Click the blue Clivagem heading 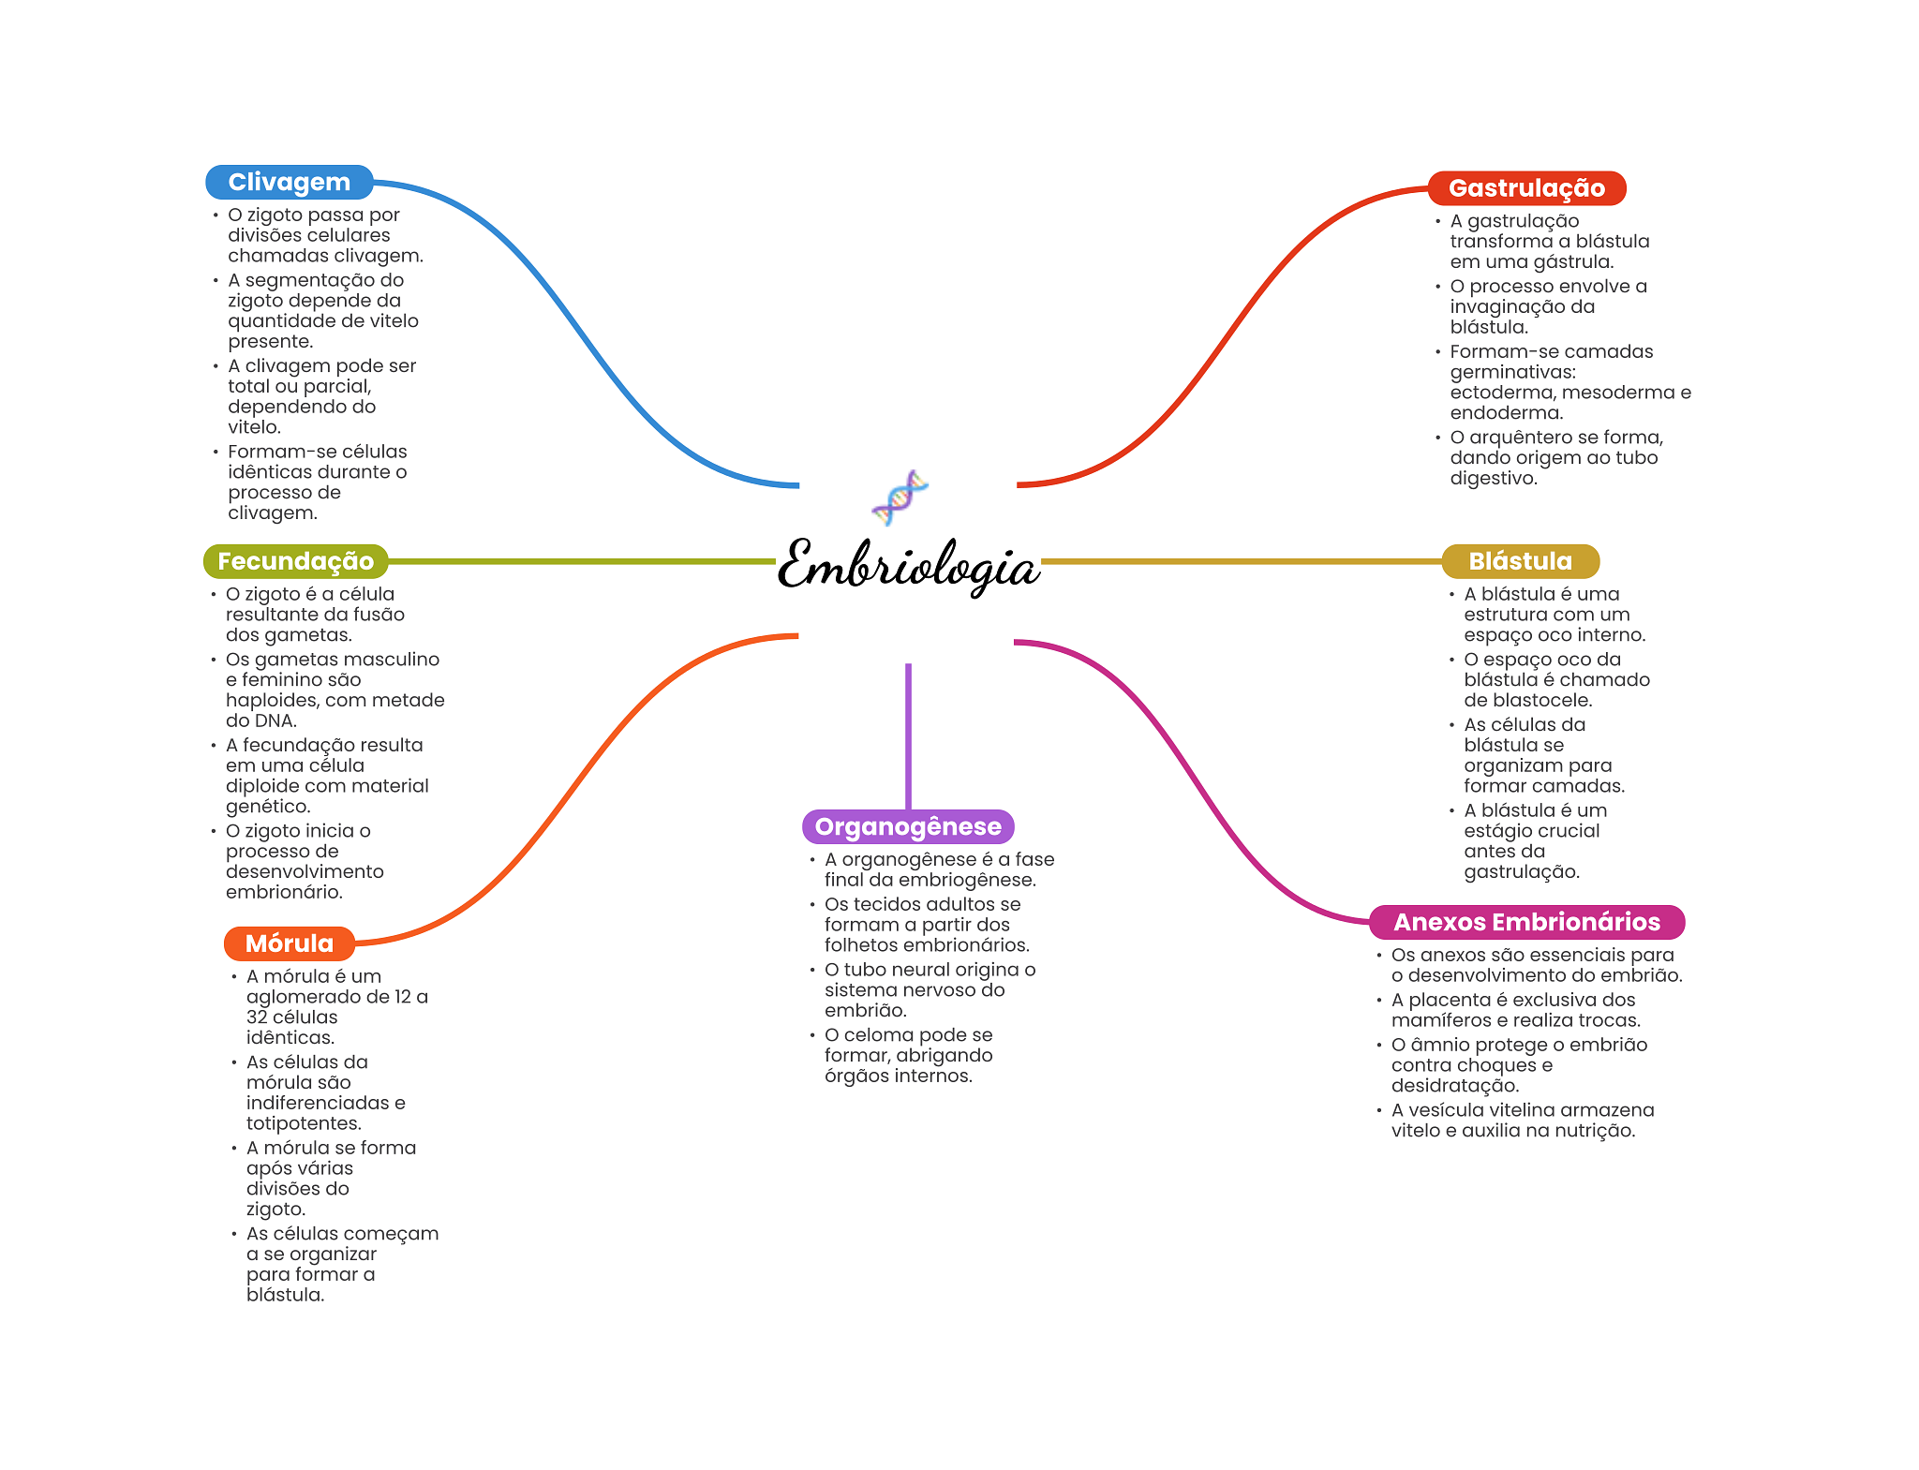click(x=289, y=182)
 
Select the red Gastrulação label click(x=1526, y=188)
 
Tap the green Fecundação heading click(x=295, y=561)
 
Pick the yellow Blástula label click(x=1520, y=561)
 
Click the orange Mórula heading click(x=289, y=943)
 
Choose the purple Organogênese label click(x=908, y=826)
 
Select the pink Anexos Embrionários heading click(x=1526, y=922)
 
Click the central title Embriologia click(x=908, y=566)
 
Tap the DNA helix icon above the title click(x=900, y=497)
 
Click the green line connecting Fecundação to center click(x=581, y=561)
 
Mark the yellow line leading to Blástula click(x=1237, y=561)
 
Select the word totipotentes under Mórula click(x=302, y=1123)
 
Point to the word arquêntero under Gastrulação click(x=1518, y=438)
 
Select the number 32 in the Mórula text click(x=257, y=1017)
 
